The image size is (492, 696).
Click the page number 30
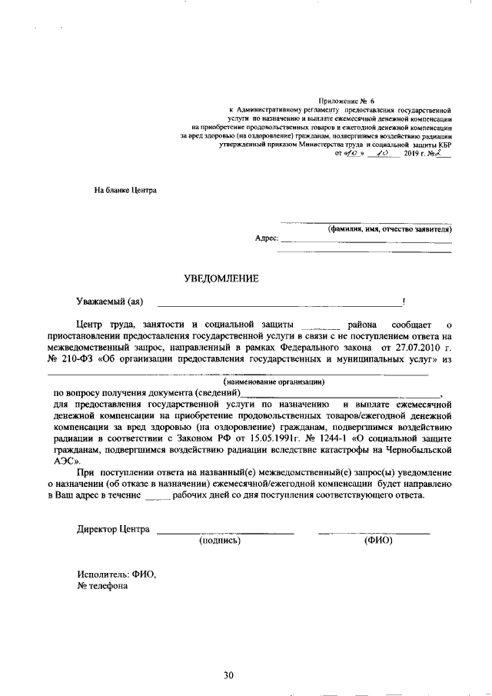pos(228,675)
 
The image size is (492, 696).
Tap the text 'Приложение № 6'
pos(346,102)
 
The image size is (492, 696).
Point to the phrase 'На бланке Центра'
pos(125,189)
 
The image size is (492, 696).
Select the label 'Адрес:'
pos(266,239)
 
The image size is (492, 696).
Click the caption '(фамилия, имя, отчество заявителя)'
pos(390,229)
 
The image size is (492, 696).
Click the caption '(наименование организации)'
pos(274,381)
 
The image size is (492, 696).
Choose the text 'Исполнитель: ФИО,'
pos(116,574)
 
